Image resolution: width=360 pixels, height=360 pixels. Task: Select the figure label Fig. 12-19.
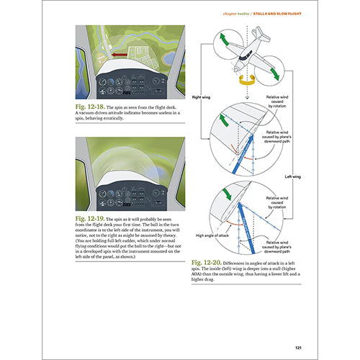(x=89, y=217)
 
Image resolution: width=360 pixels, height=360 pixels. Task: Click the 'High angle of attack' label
(x=212, y=235)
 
